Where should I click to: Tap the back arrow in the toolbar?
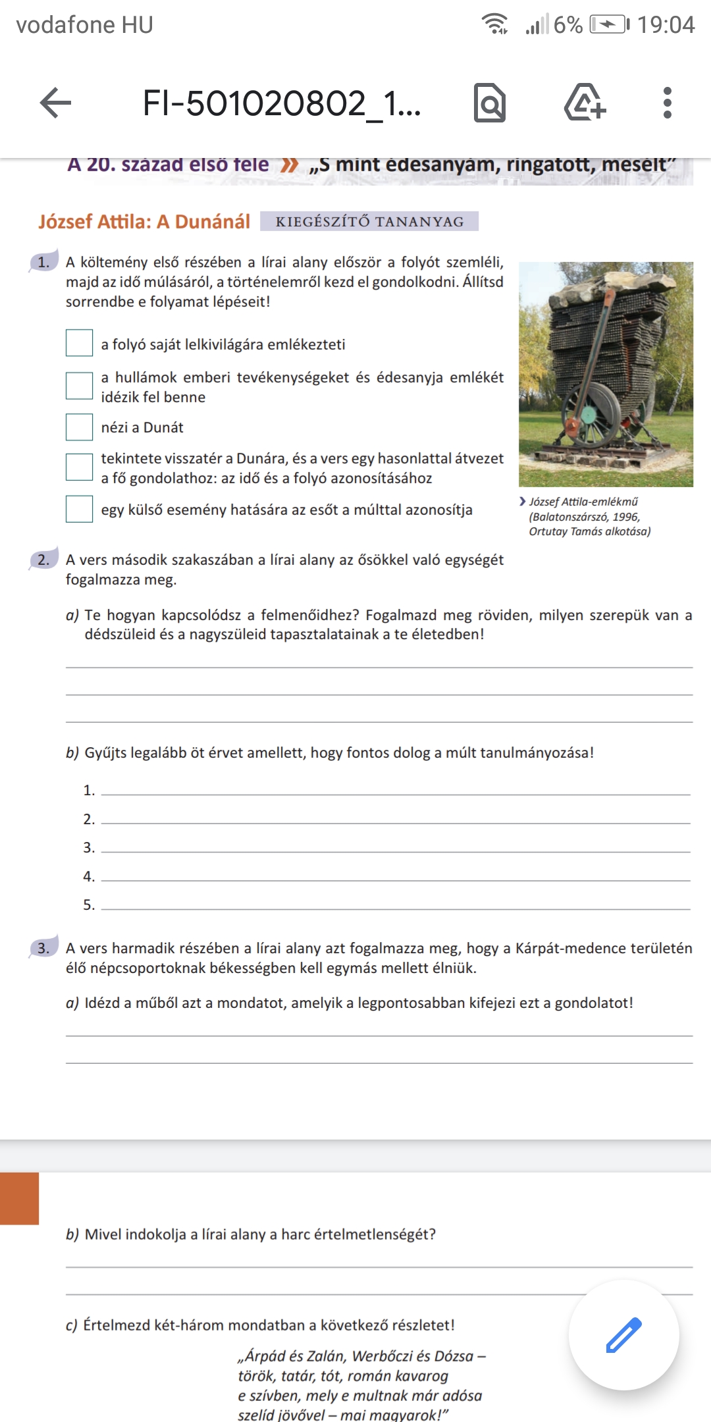(56, 103)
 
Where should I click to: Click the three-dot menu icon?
(667, 103)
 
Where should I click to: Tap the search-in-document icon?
(490, 103)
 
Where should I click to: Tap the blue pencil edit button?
(623, 1334)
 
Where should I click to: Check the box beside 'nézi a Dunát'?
(79, 427)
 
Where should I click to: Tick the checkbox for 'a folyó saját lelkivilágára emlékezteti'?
(79, 343)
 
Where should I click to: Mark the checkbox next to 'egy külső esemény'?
(79, 509)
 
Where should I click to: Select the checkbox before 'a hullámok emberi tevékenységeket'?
(79, 386)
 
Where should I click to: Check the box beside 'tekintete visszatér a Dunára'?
(79, 467)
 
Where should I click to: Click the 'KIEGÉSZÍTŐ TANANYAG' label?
(369, 222)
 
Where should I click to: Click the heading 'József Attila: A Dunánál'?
(144, 222)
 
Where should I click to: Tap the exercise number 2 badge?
(43, 560)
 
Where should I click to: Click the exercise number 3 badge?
(43, 948)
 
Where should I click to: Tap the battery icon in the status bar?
(609, 25)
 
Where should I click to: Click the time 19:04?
(666, 25)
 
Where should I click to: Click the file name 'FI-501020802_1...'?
(282, 103)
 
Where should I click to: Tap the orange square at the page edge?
(19, 1198)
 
